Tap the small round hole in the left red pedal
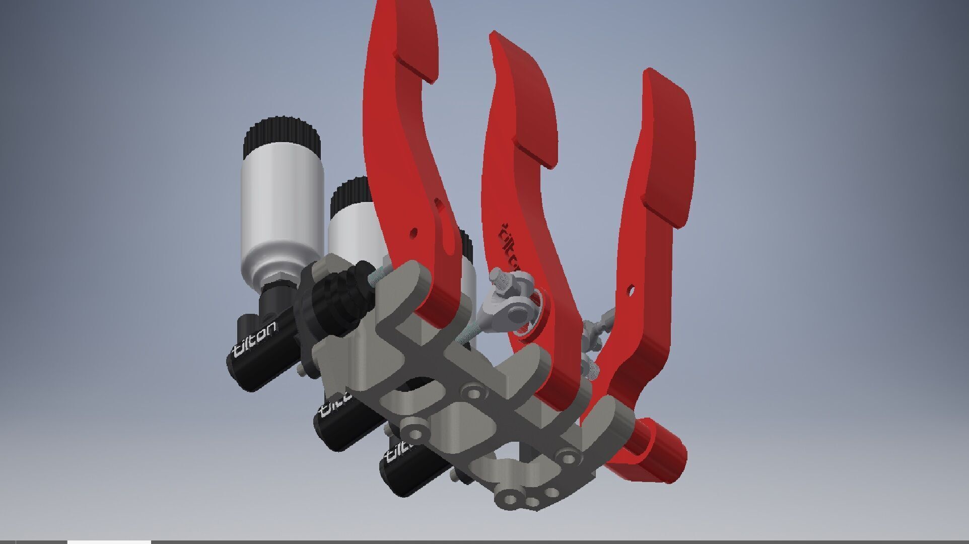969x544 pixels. coord(413,232)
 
